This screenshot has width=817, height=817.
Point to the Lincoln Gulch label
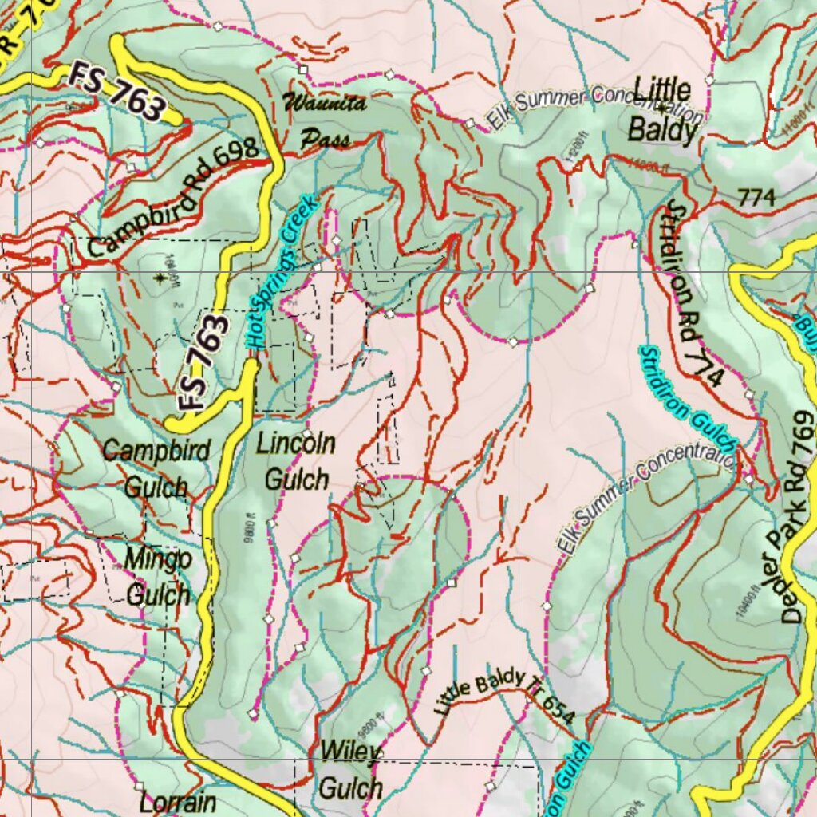pyautogui.click(x=295, y=462)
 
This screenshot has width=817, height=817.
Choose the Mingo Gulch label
pyautogui.click(x=158, y=577)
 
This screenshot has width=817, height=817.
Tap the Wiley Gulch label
pyautogui.click(x=350, y=770)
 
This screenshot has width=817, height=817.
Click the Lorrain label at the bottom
pyautogui.click(x=178, y=802)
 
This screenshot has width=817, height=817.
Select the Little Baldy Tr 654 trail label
pyautogui.click(x=504, y=696)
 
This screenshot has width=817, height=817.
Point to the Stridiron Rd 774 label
pyautogui.click(x=692, y=294)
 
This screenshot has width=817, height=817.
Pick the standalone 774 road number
pyautogui.click(x=756, y=198)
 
